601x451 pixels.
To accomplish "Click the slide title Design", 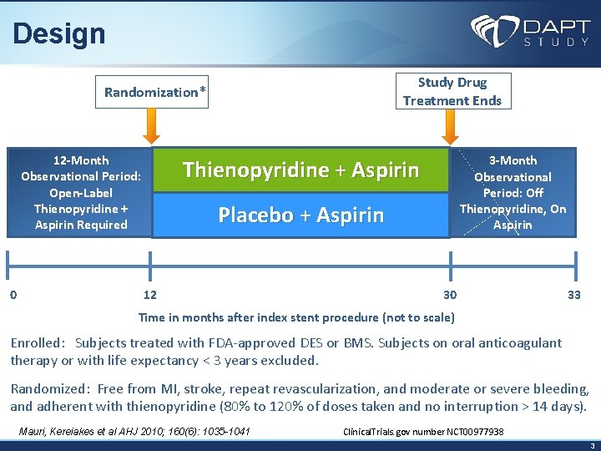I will point(59,33).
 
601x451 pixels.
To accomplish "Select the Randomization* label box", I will point(154,91).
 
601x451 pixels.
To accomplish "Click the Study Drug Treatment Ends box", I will point(452,91).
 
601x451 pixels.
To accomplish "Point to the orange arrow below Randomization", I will point(151,127).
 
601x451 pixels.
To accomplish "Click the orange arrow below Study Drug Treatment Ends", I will point(450,127).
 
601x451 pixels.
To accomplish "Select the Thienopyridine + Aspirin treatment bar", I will point(300,170).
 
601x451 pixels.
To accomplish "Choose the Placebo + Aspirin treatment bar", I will point(300,215).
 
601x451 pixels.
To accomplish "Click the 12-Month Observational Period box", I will point(80,192).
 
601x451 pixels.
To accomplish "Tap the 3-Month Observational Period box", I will point(513,192).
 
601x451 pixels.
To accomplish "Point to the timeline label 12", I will point(150,294).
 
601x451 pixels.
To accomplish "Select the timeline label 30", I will point(450,294).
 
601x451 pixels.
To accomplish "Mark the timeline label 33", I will point(573,294).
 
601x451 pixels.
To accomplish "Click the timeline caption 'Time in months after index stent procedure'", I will point(296,317).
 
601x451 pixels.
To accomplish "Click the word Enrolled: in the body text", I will point(38,342).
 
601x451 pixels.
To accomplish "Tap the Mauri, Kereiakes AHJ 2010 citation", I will point(134,431).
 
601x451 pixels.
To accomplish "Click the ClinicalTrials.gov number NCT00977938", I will point(423,432).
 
